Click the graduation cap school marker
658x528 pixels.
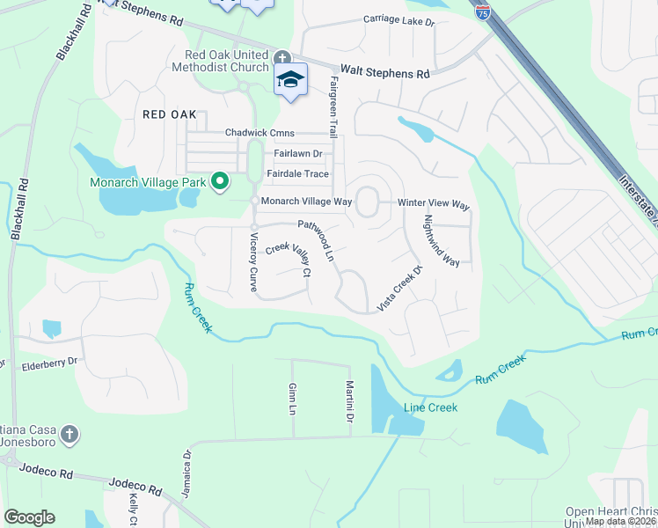pyautogui.click(x=290, y=80)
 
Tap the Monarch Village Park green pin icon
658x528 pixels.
pyautogui.click(x=220, y=183)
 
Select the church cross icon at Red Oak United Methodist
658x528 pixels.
pyautogui.click(x=282, y=58)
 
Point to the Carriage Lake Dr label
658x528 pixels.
pyautogui.click(x=398, y=20)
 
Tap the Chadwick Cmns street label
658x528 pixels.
pyautogui.click(x=260, y=133)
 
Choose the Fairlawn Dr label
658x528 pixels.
pyautogui.click(x=298, y=153)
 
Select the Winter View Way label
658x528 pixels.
pyautogui.click(x=434, y=203)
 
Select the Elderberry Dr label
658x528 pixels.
pyautogui.click(x=50, y=361)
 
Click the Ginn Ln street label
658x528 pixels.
pyautogui.click(x=292, y=399)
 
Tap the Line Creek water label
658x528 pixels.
pyautogui.click(x=431, y=407)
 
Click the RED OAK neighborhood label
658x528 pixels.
pyautogui.click(x=169, y=115)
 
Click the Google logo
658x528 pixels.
pyautogui.click(x=29, y=517)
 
